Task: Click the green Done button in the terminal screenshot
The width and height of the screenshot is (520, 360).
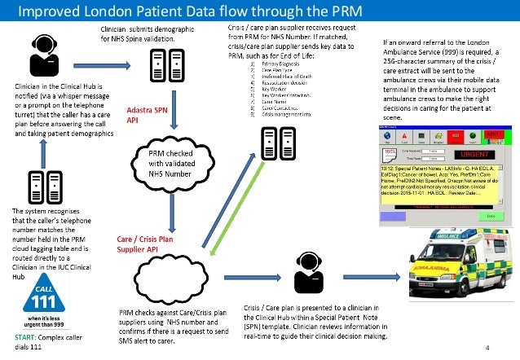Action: point(490,216)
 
